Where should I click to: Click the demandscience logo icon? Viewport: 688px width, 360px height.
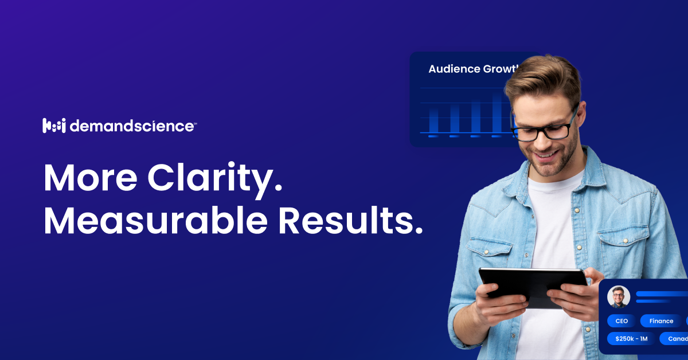point(54,126)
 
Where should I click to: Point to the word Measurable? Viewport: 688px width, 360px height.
point(155,221)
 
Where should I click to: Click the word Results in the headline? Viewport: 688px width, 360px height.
point(350,221)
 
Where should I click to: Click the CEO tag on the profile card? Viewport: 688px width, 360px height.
point(621,321)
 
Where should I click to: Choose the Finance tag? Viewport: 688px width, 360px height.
point(661,321)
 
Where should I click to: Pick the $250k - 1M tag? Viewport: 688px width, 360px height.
point(631,339)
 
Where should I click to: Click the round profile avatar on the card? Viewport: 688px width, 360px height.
point(619,296)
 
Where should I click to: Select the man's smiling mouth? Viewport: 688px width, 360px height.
point(546,155)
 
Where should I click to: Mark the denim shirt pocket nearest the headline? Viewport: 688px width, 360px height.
point(490,252)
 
